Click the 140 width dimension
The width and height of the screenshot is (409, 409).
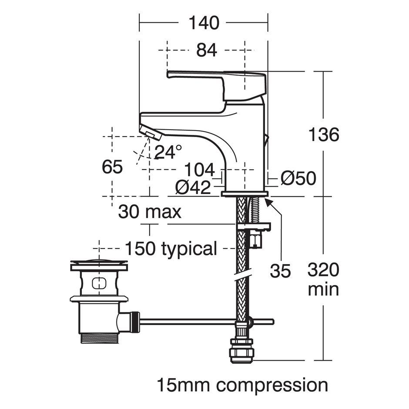[204, 23]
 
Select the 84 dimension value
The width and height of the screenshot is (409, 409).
[206, 50]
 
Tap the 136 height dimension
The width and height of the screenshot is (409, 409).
[323, 135]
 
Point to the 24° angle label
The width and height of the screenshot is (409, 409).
[168, 152]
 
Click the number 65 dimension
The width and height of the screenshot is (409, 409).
[112, 167]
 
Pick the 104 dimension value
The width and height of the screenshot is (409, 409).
[200, 170]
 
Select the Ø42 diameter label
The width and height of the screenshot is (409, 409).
[193, 188]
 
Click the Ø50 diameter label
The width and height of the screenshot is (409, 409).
[298, 178]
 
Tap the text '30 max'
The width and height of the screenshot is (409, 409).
[150, 212]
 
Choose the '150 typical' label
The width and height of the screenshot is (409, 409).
[171, 249]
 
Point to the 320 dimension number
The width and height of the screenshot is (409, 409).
[323, 271]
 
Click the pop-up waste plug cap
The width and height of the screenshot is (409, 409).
[99, 264]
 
